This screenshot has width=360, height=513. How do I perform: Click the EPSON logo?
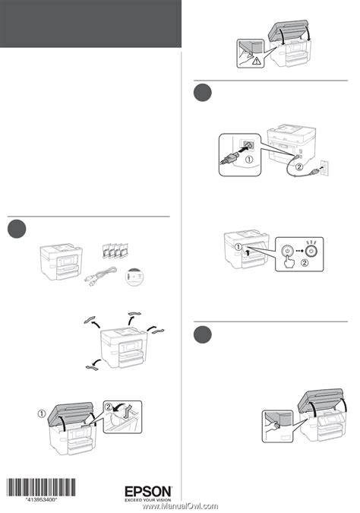tap(148, 492)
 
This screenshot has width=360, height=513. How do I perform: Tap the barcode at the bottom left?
tap(42, 487)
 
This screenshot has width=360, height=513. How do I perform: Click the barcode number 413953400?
tap(42, 499)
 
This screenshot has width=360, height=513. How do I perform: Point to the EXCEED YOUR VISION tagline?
tap(148, 500)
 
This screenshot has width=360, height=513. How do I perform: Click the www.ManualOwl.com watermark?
tap(181, 506)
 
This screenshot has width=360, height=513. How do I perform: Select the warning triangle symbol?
tap(257, 61)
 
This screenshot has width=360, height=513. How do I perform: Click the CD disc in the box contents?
tap(134, 277)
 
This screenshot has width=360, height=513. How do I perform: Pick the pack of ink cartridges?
tap(115, 250)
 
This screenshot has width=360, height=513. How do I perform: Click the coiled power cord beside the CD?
tap(101, 274)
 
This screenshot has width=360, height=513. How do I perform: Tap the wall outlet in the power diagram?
tap(324, 168)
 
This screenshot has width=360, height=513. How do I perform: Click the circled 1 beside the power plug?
tap(249, 160)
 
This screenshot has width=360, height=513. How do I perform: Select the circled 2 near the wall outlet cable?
tap(299, 167)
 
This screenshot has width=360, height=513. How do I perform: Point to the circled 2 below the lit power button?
tap(305, 263)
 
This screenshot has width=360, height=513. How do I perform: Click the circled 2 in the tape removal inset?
tap(109, 407)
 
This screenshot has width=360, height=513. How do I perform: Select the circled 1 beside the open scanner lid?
tap(42, 414)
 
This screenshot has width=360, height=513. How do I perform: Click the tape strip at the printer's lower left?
tap(90, 368)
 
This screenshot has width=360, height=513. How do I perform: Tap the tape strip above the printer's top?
tap(134, 314)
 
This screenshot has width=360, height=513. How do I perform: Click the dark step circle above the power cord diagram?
tap(202, 93)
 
